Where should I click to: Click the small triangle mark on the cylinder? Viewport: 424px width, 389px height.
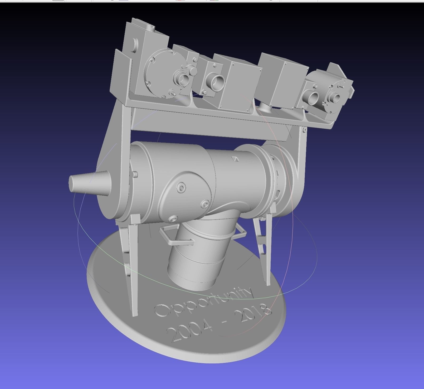[x=235, y=159]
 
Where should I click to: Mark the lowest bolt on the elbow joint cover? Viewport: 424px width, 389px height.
[x=173, y=218]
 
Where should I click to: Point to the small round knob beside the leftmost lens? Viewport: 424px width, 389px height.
[x=193, y=70]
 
